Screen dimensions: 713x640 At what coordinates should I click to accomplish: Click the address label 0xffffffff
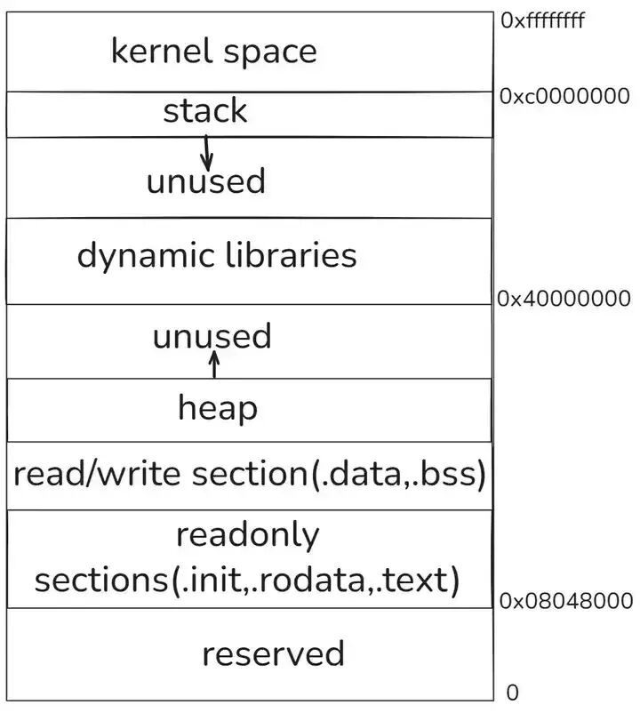(x=543, y=20)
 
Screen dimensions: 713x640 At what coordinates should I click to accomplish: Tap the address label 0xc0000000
(x=564, y=96)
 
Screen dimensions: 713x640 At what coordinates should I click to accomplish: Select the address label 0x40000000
(x=564, y=299)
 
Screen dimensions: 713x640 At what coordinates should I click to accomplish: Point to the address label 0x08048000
(x=566, y=601)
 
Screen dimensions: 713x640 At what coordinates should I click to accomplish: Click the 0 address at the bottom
(x=512, y=692)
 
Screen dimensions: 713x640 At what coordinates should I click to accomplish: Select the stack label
(x=205, y=111)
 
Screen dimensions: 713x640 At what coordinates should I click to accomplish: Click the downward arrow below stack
(x=207, y=152)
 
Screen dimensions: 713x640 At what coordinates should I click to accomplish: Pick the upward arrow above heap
(x=213, y=365)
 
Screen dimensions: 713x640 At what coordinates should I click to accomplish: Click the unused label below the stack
(x=205, y=181)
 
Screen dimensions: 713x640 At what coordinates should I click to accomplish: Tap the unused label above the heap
(x=212, y=337)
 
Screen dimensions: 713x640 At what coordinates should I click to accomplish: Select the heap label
(x=218, y=409)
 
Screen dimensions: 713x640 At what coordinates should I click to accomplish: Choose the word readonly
(x=246, y=535)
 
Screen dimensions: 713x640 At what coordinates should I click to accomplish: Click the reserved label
(x=273, y=653)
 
